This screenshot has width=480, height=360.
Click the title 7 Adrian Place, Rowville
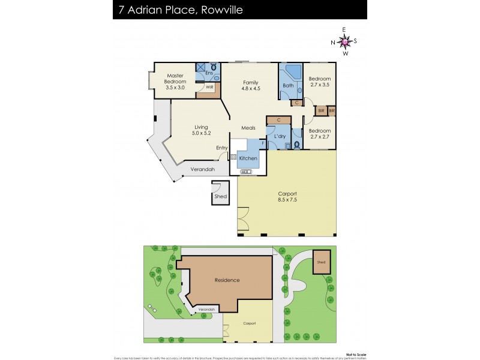tap(181, 10)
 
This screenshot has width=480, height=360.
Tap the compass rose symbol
tap(344, 41)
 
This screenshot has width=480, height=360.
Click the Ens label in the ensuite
tap(209, 73)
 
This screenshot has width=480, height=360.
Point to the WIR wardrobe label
tap(209, 87)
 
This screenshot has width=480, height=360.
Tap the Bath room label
tap(288, 86)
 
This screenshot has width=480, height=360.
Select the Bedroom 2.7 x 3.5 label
tap(319, 82)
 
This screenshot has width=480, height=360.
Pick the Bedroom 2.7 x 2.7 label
tap(319, 134)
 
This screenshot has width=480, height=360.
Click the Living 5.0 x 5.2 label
tap(200, 130)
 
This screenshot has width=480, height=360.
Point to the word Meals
tap(248, 128)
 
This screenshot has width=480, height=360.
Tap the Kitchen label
tap(248, 158)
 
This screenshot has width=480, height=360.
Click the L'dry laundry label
tap(280, 137)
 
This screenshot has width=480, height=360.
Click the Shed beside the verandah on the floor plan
tap(220, 196)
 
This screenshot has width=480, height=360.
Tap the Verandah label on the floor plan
tap(202, 170)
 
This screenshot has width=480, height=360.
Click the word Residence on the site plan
tap(227, 280)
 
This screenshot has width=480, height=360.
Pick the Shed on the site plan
tap(321, 262)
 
